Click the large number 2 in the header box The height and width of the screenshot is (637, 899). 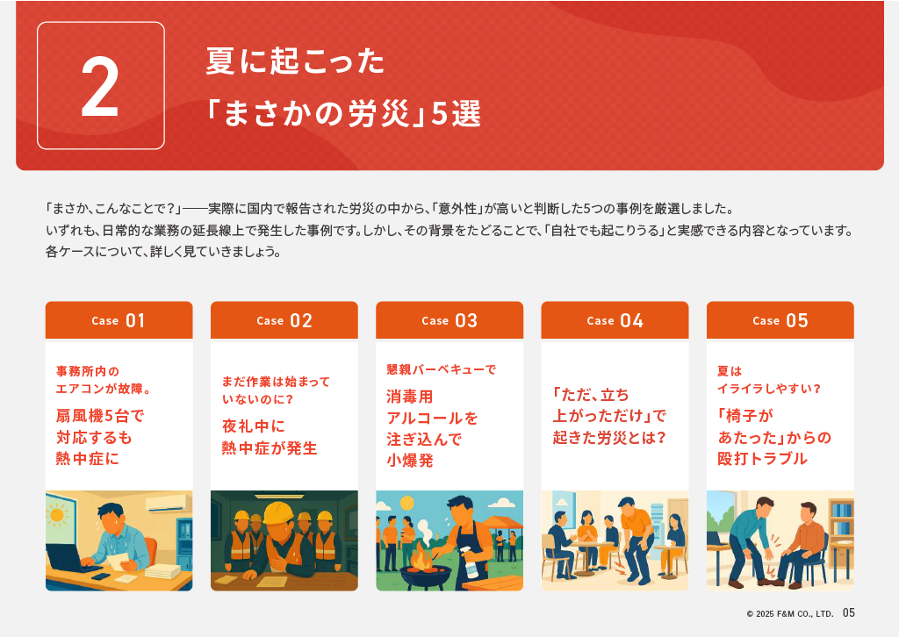click(x=100, y=87)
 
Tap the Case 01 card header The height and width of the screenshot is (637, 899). click(x=119, y=320)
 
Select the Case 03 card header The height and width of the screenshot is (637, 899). click(x=449, y=320)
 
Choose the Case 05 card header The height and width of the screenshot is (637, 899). click(x=780, y=320)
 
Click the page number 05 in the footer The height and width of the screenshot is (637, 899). click(x=849, y=613)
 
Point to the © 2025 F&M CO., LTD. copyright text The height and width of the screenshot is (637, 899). click(x=789, y=613)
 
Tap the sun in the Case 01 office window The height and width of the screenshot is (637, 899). click(x=57, y=515)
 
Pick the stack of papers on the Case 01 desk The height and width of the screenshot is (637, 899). click(x=162, y=571)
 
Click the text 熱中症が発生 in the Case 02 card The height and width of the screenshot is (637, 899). click(x=270, y=448)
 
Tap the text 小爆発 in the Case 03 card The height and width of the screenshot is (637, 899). click(x=410, y=460)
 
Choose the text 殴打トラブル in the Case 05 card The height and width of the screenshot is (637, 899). click(x=763, y=458)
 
